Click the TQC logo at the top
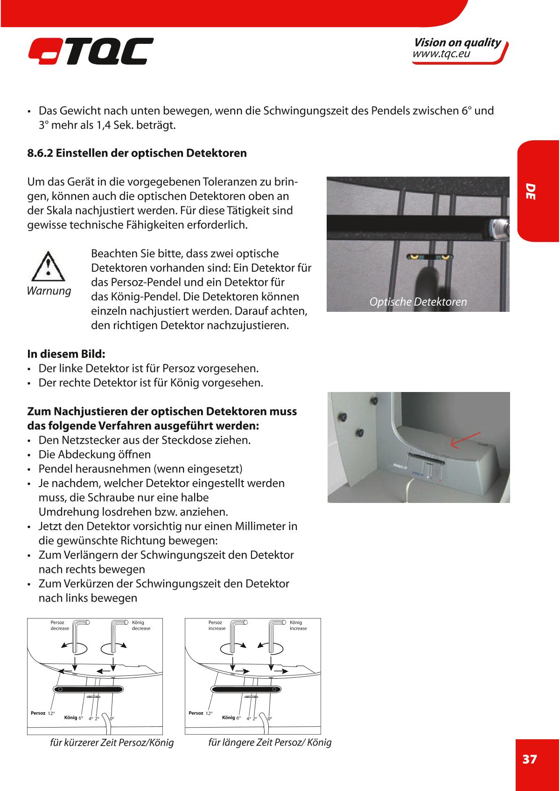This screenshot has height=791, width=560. [x=90, y=51]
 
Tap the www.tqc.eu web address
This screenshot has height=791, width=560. [x=441, y=55]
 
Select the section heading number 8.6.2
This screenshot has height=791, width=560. [x=40, y=153]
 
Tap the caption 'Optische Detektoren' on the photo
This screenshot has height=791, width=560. [x=418, y=302]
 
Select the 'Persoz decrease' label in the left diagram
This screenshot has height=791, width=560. [x=59, y=625]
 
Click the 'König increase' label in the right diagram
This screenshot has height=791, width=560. [x=298, y=625]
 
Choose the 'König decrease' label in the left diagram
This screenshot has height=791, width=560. [x=141, y=625]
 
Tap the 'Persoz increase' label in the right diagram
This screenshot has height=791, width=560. [x=217, y=625]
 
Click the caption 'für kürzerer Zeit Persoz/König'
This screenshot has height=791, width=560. [x=112, y=743]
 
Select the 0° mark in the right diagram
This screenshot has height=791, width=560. [x=270, y=718]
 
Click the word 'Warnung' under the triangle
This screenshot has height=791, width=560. [x=49, y=291]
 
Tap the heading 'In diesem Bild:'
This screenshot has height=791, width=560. [x=66, y=353]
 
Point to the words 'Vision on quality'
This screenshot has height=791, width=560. [x=457, y=43]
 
